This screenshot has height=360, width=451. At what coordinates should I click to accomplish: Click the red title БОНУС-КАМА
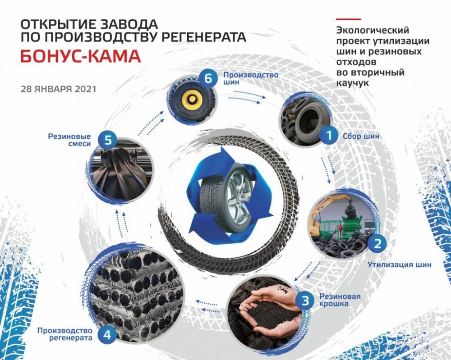[x=81, y=57]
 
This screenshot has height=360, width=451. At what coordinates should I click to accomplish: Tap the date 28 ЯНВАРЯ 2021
[x=58, y=89]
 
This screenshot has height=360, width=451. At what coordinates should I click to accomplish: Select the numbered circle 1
[x=329, y=135]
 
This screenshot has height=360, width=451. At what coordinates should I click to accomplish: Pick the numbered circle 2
[x=377, y=244]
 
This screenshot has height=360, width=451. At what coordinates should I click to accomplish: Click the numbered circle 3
[x=305, y=301]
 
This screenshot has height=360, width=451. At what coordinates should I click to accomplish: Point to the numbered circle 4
[x=107, y=335]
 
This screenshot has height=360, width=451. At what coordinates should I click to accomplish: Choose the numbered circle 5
[x=108, y=141]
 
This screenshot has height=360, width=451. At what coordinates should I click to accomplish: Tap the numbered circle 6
[x=208, y=78]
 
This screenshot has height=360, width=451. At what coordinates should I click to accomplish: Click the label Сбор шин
[x=361, y=136]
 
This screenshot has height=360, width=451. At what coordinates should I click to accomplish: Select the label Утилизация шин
[x=400, y=264]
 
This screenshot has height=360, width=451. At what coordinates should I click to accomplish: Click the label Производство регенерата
[x=64, y=334]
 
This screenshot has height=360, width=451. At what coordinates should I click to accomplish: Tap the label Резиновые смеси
[x=69, y=140]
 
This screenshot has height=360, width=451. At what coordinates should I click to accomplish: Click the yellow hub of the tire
[x=191, y=100]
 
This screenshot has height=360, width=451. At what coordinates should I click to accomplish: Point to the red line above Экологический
[x=349, y=19]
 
